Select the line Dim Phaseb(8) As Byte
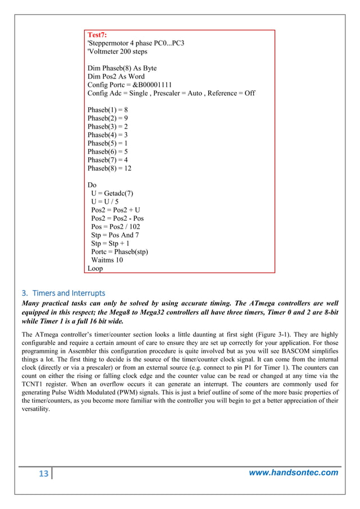click(x=122, y=68)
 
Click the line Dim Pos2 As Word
click(x=116, y=76)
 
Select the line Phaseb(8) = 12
click(x=109, y=168)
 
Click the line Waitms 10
click(x=107, y=260)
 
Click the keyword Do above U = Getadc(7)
click(x=93, y=185)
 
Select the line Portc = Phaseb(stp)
click(x=120, y=252)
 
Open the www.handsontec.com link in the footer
click(x=294, y=473)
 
